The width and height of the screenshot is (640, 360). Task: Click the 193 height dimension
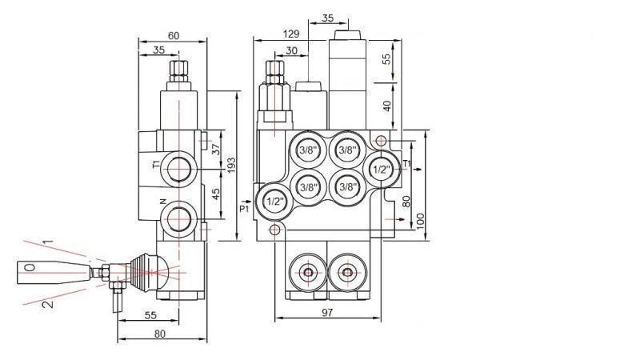231,165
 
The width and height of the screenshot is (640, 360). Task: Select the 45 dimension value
215,194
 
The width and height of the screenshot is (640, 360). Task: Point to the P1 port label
245,208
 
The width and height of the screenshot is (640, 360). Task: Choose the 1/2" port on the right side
381,169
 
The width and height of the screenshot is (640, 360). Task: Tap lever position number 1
47,240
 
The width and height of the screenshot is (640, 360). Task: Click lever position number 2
47,302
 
